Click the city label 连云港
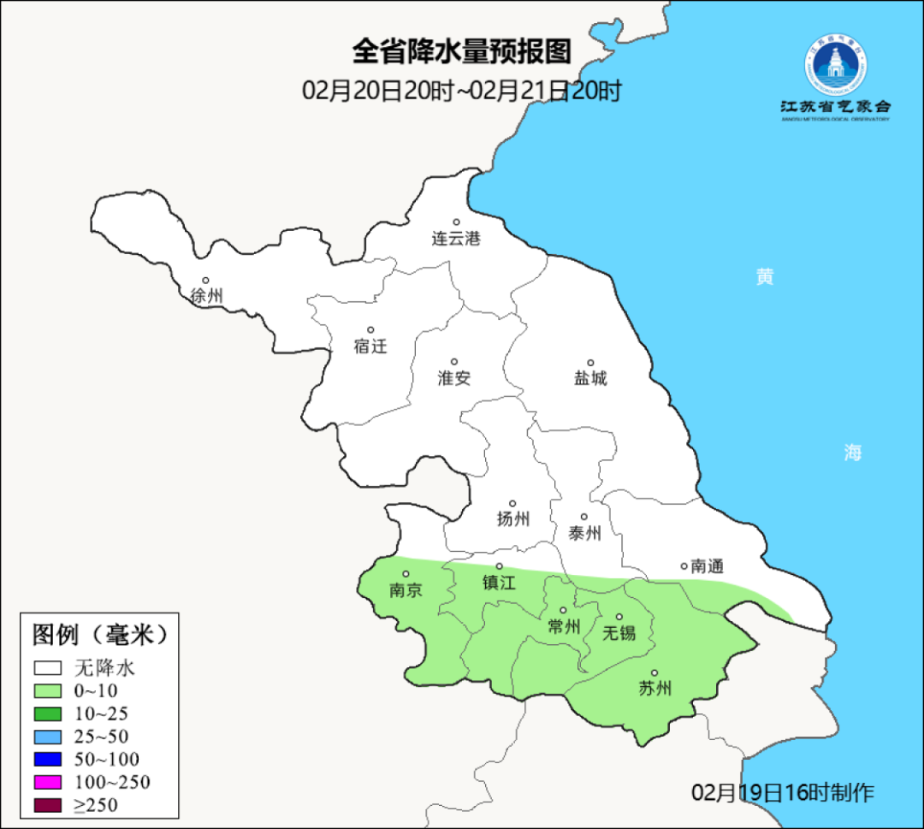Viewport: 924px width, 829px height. click(456, 239)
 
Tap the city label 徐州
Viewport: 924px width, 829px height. click(206, 296)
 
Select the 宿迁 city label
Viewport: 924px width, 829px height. click(370, 346)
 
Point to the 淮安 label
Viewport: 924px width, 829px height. click(454, 378)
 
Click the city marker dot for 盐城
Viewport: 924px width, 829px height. click(590, 363)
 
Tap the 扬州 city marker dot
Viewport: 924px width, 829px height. click(512, 504)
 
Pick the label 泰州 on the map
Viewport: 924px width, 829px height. click(584, 534)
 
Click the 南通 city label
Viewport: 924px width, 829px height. click(707, 566)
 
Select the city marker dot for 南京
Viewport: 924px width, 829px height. click(406, 575)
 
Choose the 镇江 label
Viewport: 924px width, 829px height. click(500, 583)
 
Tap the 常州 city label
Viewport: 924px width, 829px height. click(564, 627)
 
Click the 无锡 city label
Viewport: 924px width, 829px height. click(619, 633)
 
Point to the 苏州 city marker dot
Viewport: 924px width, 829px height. click(654, 673)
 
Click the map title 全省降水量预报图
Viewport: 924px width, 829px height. click(461, 52)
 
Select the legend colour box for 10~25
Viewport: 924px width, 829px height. click(48, 714)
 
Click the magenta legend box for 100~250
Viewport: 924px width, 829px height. click(48, 782)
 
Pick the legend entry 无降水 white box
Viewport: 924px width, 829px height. click(48, 667)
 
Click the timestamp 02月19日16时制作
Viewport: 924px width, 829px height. click(783, 792)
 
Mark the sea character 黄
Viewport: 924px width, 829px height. click(764, 276)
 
